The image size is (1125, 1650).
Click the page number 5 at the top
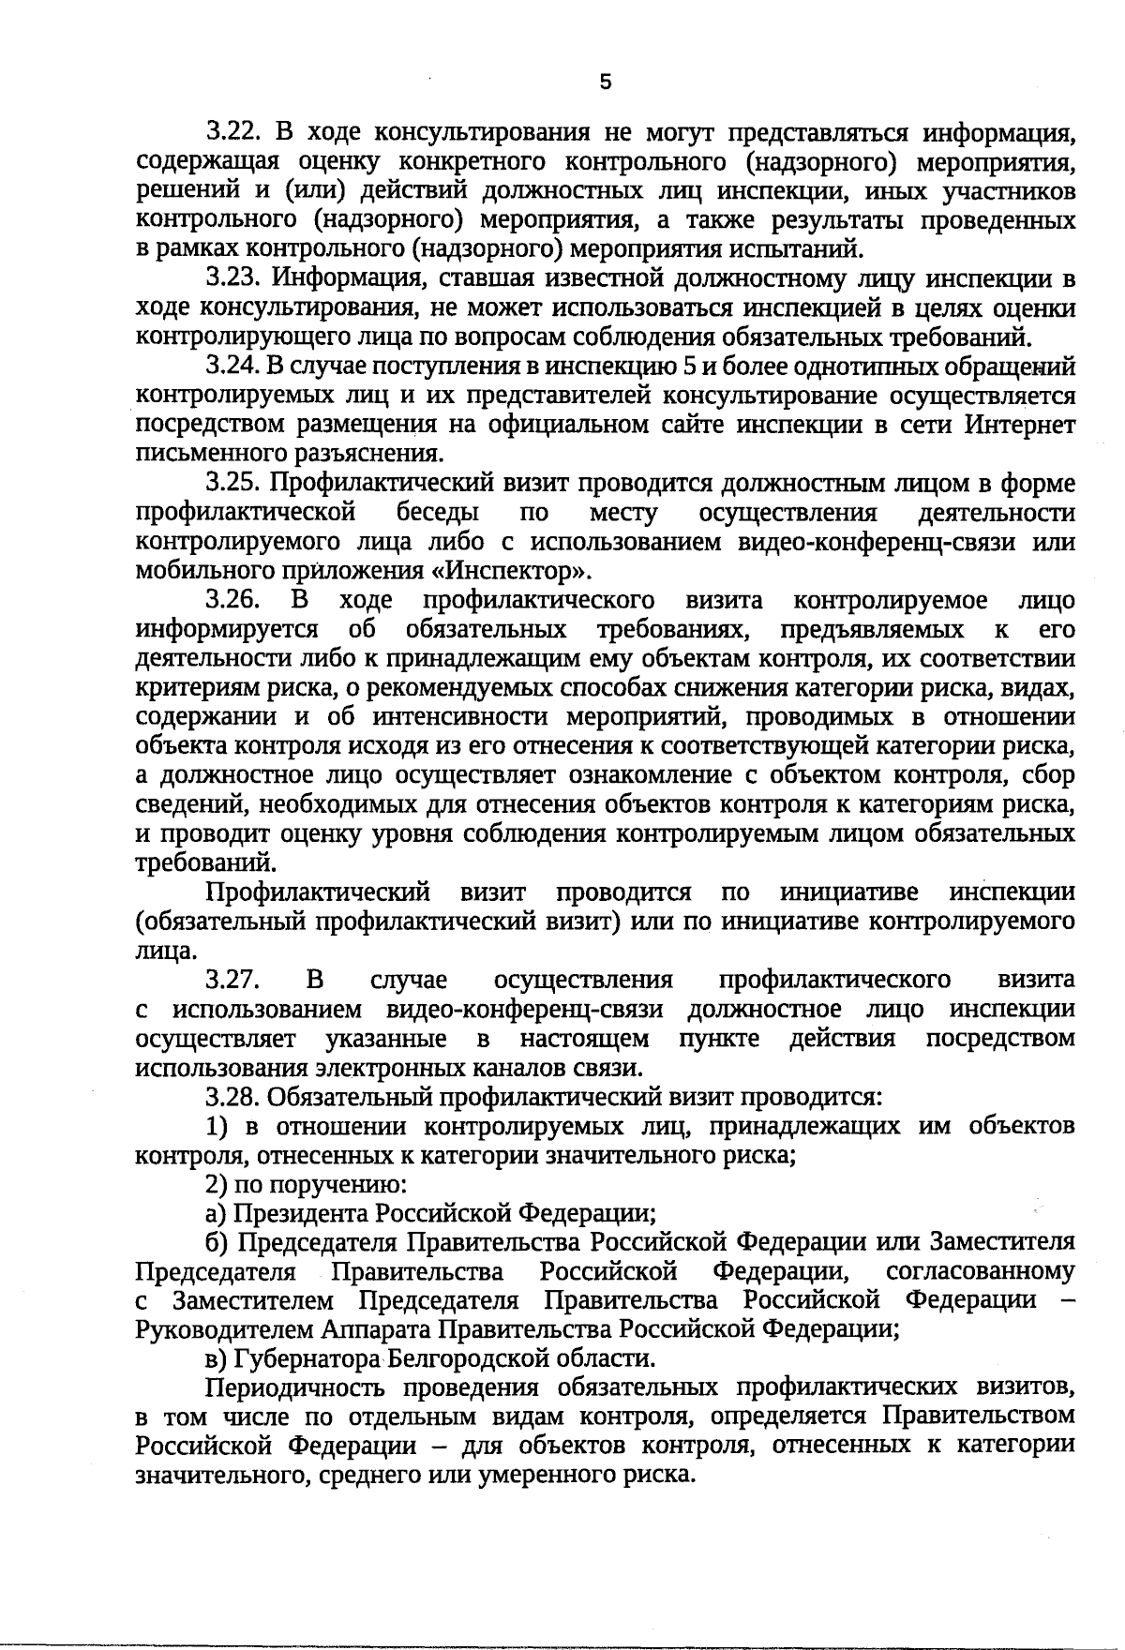(606, 82)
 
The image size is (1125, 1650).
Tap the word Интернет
(1019, 425)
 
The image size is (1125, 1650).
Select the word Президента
(301, 1214)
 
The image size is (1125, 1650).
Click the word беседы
(438, 513)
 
